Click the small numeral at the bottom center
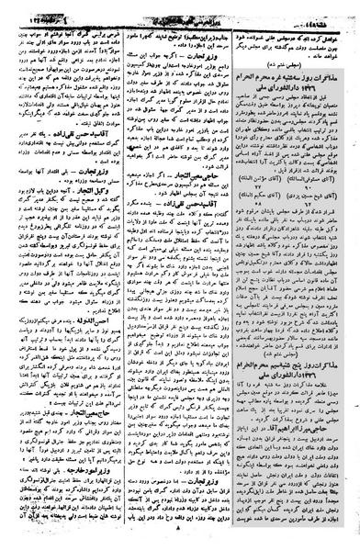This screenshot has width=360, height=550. (180, 542)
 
